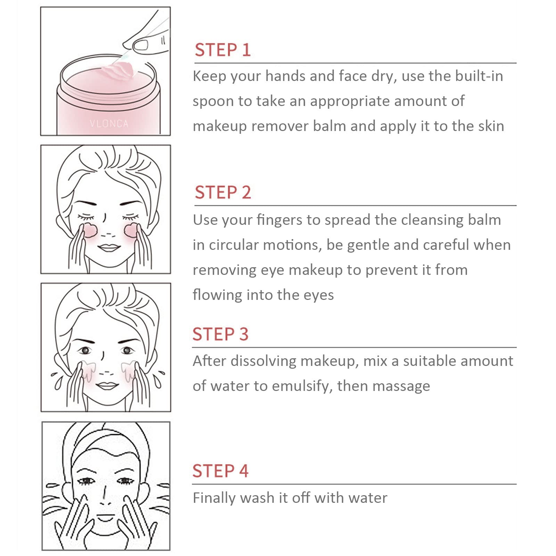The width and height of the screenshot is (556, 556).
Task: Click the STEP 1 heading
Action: (222, 50)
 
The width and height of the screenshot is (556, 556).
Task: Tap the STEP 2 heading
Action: (223, 192)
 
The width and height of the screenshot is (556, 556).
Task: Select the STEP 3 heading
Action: (221, 334)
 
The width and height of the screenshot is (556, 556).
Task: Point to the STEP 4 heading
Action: (221, 471)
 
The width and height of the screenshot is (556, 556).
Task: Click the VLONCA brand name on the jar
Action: (109, 123)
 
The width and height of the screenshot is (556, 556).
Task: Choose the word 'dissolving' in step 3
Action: (263, 361)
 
